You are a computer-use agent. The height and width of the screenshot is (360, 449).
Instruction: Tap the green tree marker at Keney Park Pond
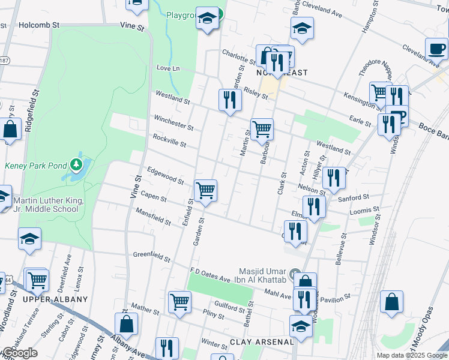[76, 164]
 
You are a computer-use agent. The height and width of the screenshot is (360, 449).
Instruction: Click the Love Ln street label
[168, 68]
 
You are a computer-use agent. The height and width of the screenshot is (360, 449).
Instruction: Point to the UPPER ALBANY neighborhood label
[55, 299]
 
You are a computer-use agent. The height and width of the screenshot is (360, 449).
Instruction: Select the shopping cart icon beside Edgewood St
[205, 191]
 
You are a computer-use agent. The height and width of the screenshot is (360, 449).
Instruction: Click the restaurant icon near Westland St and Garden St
[229, 100]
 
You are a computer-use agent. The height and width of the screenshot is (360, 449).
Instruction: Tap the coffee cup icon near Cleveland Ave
[436, 48]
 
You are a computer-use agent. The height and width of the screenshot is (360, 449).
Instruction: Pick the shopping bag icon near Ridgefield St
[10, 128]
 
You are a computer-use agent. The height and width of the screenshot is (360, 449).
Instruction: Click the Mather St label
[145, 309]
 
